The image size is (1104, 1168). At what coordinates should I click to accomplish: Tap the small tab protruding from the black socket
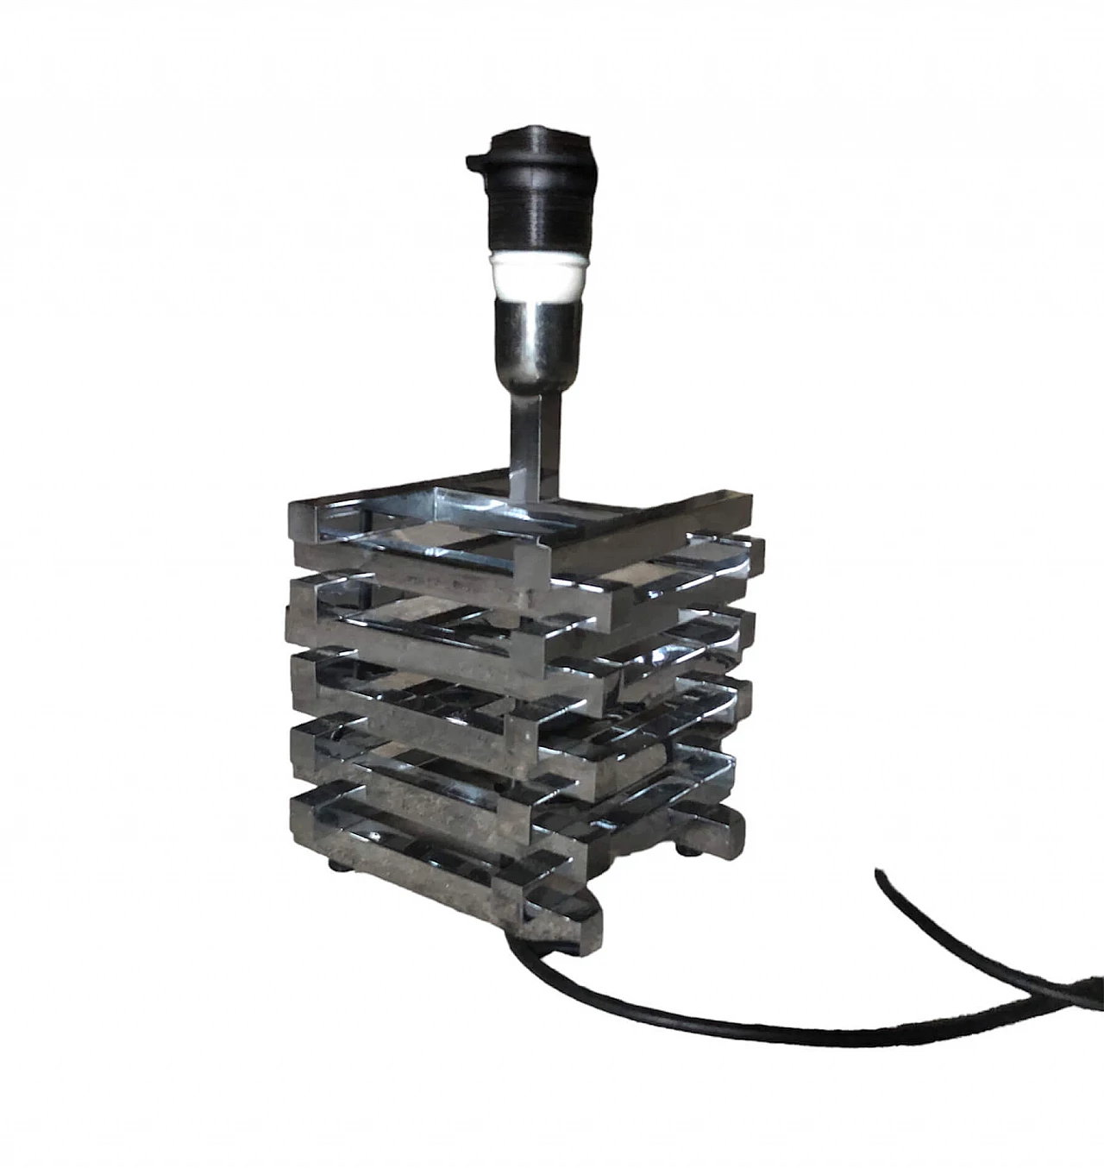click(472, 160)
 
